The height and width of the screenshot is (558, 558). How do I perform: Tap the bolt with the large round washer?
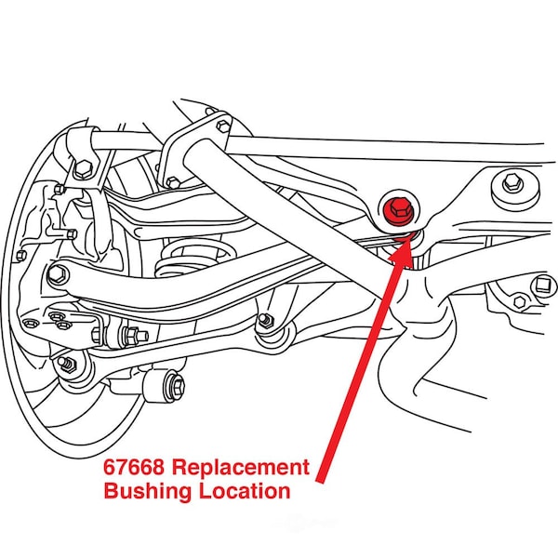(x=511, y=184)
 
